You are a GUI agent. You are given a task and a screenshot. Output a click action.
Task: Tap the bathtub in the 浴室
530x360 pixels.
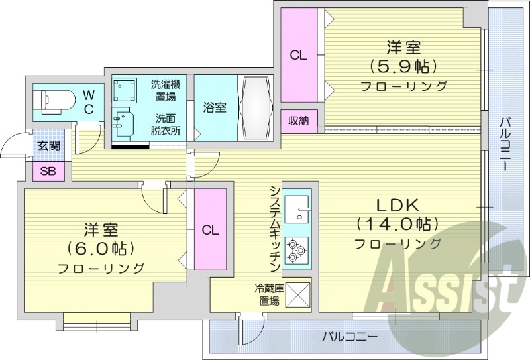(x=254, y=107)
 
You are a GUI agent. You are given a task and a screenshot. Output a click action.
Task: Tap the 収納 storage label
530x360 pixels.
(x=298, y=120)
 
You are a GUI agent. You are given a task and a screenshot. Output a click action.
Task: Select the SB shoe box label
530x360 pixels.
(x=48, y=171)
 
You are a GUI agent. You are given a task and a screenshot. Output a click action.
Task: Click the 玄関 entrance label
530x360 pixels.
(x=48, y=147)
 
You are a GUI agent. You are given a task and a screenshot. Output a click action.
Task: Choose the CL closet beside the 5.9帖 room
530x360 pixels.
(x=298, y=56)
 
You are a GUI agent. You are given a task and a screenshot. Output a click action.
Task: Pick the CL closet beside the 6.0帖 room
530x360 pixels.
(x=210, y=229)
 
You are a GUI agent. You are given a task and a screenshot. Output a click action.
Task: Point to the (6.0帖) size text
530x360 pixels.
(x=101, y=249)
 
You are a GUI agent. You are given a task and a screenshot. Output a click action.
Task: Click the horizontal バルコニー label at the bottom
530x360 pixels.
(x=349, y=336)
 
